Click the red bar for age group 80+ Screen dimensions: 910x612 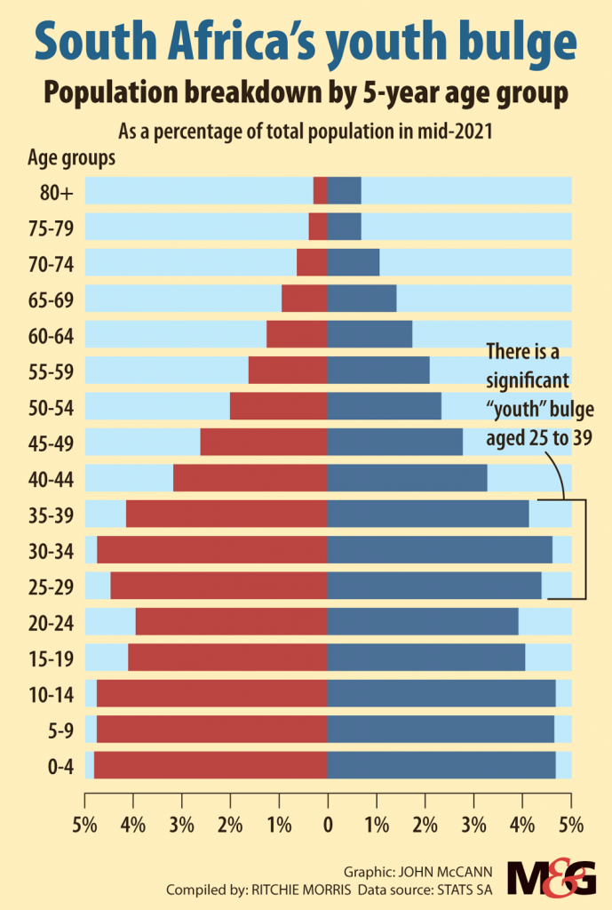coord(321,191)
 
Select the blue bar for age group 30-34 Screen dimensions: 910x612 coord(440,550)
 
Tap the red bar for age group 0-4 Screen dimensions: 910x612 coord(211,765)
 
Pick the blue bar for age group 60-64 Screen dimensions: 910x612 coord(370,334)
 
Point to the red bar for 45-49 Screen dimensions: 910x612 coord(264,442)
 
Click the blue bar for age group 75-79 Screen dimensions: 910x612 coord(345,227)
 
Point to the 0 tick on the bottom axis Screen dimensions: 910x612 coord(328,825)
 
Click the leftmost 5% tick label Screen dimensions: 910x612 coord(84,825)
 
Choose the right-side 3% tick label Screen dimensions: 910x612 coord(473,825)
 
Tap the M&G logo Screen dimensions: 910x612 coord(552,877)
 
